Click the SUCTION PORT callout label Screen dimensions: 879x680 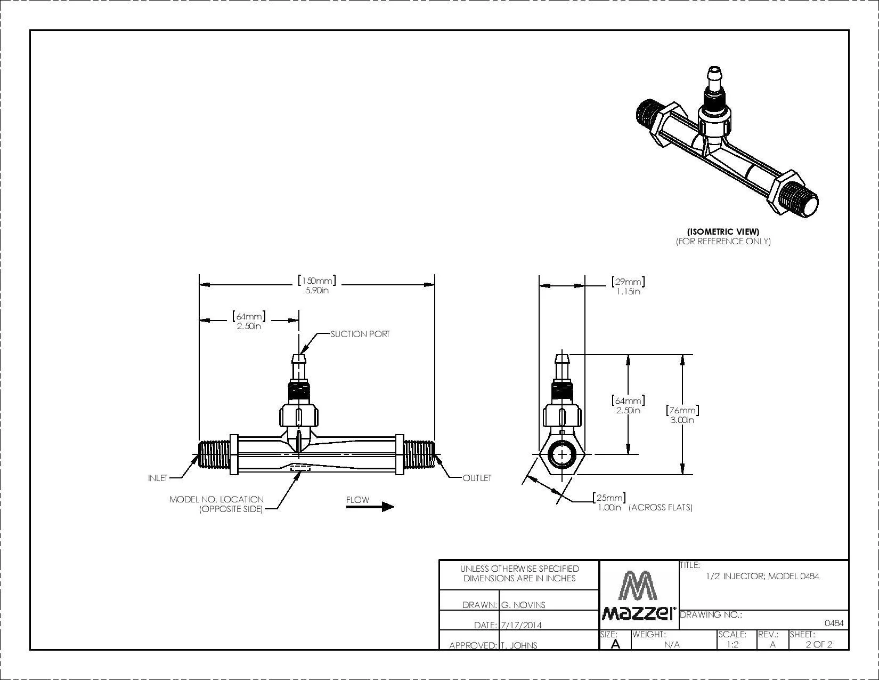coord(360,334)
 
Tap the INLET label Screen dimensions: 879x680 coord(158,478)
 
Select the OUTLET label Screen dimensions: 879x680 coord(477,478)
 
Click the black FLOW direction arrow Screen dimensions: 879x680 coord(370,507)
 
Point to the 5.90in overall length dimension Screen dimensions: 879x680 coord(317,290)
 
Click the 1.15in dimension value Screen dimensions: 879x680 coord(628,291)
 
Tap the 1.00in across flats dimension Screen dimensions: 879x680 coord(609,507)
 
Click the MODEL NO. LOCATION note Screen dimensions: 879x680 coord(216,504)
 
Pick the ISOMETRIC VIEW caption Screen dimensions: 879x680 coord(723,231)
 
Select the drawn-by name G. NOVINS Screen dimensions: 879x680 coord(523,605)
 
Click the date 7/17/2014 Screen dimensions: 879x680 coord(521,625)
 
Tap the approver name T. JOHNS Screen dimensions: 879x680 coord(519,645)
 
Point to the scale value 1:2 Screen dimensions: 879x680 coord(732,644)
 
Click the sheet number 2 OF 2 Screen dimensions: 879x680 coord(819,644)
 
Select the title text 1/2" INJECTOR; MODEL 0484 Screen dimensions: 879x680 coord(762,576)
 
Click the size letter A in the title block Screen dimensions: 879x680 coord(615,644)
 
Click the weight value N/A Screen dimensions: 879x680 coord(672,644)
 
